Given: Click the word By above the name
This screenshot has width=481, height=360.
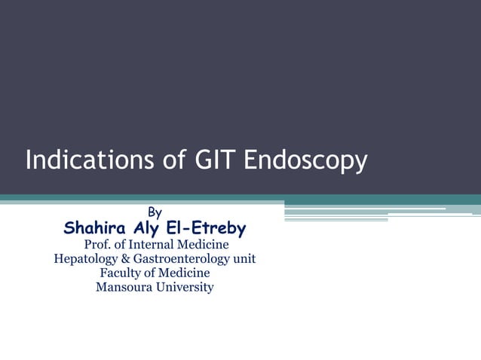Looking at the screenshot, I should (x=155, y=213).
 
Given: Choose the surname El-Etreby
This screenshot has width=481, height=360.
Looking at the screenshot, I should (x=213, y=228).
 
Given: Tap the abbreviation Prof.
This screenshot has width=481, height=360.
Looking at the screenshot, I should (x=97, y=245).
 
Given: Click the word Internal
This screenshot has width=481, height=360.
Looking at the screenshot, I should (x=153, y=245).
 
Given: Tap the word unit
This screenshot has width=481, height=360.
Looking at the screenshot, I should (x=244, y=259).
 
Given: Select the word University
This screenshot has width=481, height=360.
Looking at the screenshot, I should (x=186, y=288).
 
